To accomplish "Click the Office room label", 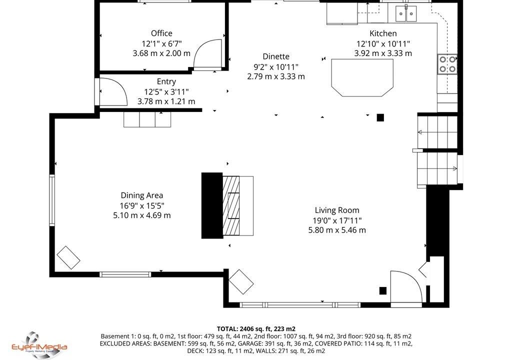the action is (x=161, y=33).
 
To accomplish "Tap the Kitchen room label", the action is (x=383, y=33).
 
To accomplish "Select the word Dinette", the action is (x=276, y=56).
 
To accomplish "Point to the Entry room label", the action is (x=166, y=81).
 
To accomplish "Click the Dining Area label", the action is (x=141, y=195).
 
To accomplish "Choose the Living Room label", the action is (x=337, y=210).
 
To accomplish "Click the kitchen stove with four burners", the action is (x=447, y=64).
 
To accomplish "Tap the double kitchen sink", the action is (x=406, y=13).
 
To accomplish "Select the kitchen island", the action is (x=362, y=77).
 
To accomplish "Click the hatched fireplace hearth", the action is (x=231, y=206).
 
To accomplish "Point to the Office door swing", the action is (x=206, y=54).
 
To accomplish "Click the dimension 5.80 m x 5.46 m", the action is (x=337, y=230).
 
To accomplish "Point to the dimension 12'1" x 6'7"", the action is (x=161, y=43).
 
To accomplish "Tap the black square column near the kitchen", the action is (x=380, y=117).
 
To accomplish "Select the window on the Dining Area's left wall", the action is (x=52, y=200).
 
